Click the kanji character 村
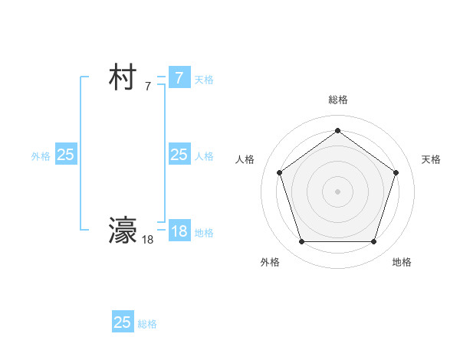pyautogui.click(x=123, y=78)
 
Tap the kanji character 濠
pyautogui.click(x=123, y=230)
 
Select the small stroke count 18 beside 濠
pyautogui.click(x=148, y=240)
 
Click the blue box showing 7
pyautogui.click(x=179, y=78)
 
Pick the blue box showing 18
pyautogui.click(x=179, y=231)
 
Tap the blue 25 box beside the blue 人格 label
pyautogui.click(x=179, y=155)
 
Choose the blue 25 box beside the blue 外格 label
pyautogui.click(x=66, y=155)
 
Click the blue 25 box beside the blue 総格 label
pyautogui.click(x=123, y=322)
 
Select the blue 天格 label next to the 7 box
pyautogui.click(x=204, y=80)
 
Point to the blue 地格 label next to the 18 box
pyautogui.click(x=204, y=233)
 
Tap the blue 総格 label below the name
pyautogui.click(x=148, y=324)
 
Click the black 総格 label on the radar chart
pyautogui.click(x=337, y=100)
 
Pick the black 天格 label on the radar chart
pyautogui.click(x=431, y=159)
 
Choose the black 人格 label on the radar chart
pyautogui.click(x=245, y=159)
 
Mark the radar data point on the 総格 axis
pyautogui.click(x=337, y=130)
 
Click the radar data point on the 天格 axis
pyautogui.click(x=396, y=172)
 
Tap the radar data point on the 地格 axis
pyautogui.click(x=373, y=242)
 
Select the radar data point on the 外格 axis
pyautogui.click(x=301, y=242)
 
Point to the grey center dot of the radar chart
pyautogui.click(x=337, y=191)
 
